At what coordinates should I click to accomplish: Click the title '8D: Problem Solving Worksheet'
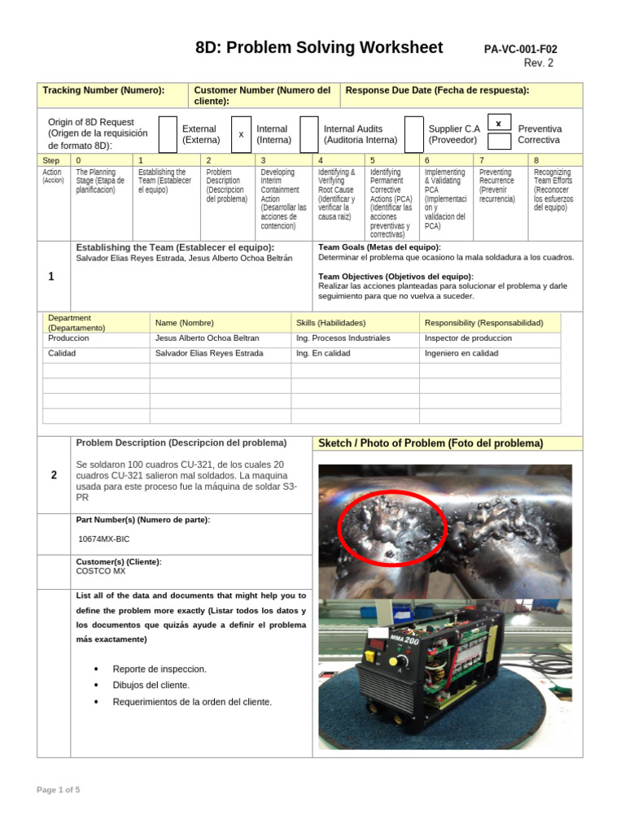(319, 47)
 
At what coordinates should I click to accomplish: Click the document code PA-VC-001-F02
(520, 50)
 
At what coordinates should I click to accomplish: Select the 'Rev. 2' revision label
(538, 63)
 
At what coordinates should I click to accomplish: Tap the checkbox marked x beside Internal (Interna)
(241, 135)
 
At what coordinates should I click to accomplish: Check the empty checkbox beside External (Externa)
(168, 135)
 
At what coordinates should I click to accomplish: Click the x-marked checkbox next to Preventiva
(499, 123)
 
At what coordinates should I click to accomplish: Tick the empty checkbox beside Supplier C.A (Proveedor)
(414, 135)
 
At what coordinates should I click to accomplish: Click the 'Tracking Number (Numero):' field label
(103, 90)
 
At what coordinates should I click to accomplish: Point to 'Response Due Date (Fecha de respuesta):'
(437, 90)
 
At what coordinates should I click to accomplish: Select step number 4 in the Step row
(321, 161)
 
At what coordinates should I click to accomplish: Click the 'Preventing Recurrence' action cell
(497, 185)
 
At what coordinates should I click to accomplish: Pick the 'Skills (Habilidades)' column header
(330, 323)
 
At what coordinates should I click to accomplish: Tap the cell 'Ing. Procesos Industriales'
(343, 338)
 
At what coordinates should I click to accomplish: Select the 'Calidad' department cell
(62, 354)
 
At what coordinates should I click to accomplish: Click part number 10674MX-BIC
(103, 539)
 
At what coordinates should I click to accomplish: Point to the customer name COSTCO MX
(101, 571)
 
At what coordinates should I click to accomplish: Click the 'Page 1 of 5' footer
(59, 790)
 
